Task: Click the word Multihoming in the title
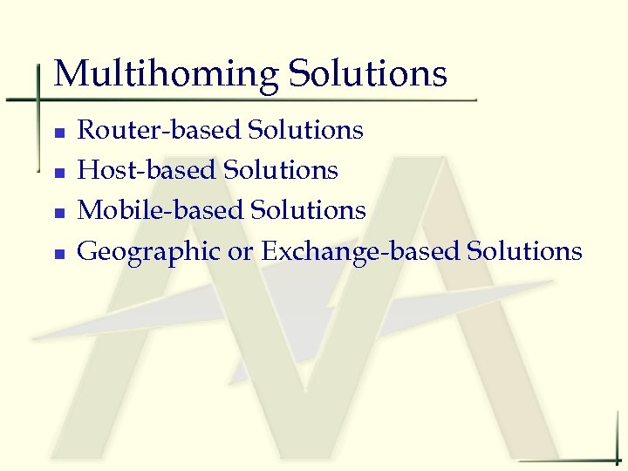click(166, 74)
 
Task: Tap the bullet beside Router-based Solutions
click(58, 133)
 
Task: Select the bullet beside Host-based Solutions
click(58, 174)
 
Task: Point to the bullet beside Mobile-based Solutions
click(58, 214)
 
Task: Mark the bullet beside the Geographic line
click(58, 255)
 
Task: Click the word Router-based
click(159, 130)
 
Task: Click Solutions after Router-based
click(305, 130)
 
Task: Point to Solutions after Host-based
click(281, 170)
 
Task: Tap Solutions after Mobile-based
click(308, 210)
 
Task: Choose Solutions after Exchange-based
click(524, 251)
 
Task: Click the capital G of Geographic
click(89, 251)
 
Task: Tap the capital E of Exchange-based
click(270, 251)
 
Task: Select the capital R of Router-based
click(87, 130)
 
